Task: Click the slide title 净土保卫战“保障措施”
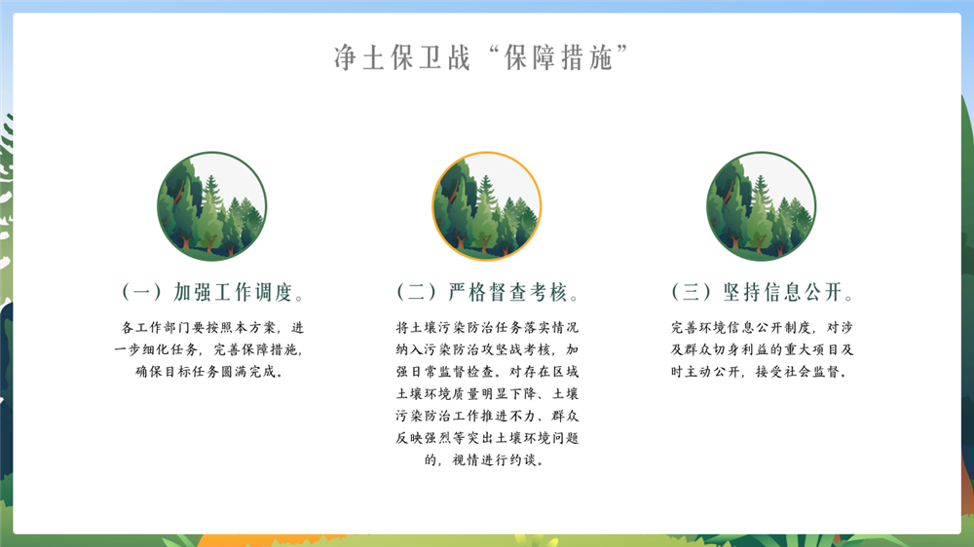coord(481,57)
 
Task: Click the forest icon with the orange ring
coord(486,206)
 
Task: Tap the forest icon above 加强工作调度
coord(211,206)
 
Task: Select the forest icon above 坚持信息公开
coord(761,206)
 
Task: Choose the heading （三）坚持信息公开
coord(763,292)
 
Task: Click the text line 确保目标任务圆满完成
coord(209,372)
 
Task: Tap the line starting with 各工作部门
coord(212,327)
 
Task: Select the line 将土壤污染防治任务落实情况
coord(487,327)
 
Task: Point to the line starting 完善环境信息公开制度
coord(762,327)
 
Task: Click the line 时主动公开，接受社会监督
coord(759,372)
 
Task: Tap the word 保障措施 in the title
coord(558,57)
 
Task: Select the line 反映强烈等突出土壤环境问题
coord(487,438)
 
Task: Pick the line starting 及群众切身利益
coord(762,349)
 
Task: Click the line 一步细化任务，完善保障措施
coord(209,349)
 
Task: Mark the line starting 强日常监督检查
coord(487,372)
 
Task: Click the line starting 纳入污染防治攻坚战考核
coord(487,349)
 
